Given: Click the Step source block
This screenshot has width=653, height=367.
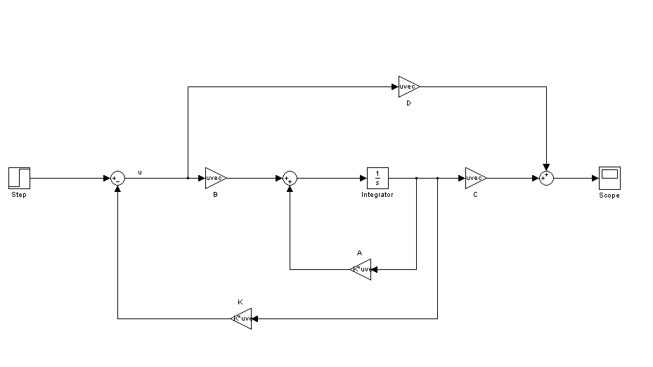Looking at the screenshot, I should click(19, 178).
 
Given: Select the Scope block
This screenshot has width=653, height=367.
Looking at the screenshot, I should click(609, 177).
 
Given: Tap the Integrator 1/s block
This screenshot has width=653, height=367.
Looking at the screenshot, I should click(377, 178).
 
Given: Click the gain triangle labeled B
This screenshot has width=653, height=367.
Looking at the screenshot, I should click(214, 178).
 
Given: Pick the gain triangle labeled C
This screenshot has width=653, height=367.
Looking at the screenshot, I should click(474, 178).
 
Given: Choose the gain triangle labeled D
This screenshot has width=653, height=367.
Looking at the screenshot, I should click(408, 86).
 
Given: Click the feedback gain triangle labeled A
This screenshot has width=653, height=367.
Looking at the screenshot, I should click(361, 269).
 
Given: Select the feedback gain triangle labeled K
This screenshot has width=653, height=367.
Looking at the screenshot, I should click(243, 318).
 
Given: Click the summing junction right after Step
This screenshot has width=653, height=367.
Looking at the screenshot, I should click(117, 179).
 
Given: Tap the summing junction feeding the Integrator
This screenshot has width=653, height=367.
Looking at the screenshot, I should click(290, 179).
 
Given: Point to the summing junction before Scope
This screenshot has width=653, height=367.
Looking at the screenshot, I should click(546, 179).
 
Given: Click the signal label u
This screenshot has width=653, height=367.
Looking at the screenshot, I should click(139, 172).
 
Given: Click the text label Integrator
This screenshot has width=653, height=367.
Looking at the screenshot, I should click(377, 195).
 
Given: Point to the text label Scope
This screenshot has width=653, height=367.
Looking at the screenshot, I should click(609, 195).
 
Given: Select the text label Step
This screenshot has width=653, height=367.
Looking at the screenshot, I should click(19, 195).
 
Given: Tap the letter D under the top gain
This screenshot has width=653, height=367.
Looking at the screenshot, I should click(408, 103).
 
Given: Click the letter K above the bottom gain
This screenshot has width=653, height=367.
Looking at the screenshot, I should click(240, 302).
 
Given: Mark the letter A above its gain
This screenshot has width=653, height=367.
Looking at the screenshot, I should click(359, 252).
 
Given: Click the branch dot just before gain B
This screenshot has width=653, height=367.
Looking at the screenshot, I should click(188, 178).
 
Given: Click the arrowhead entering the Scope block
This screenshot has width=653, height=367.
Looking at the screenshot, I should click(595, 178).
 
